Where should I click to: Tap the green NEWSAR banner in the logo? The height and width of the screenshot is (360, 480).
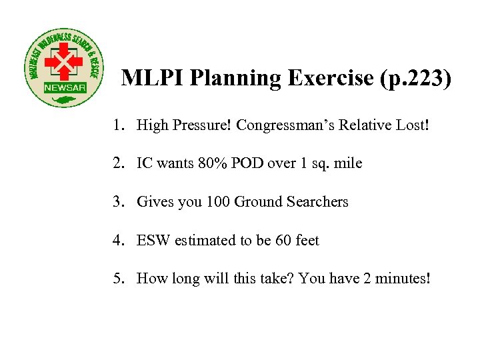click(x=64, y=88)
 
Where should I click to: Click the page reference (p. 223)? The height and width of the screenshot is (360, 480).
click(x=415, y=79)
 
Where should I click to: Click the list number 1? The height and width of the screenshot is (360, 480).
click(x=117, y=125)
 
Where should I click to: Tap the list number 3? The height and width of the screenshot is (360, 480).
click(x=117, y=201)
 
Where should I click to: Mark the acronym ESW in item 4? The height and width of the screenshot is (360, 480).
click(x=153, y=240)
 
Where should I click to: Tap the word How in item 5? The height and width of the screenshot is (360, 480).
click(x=150, y=278)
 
